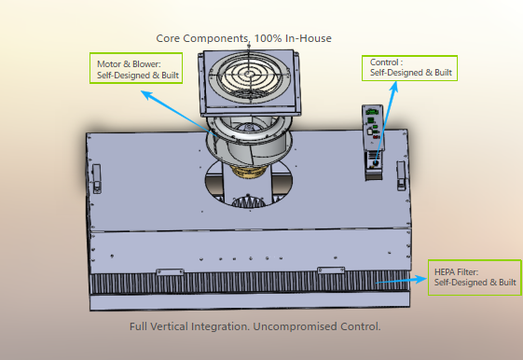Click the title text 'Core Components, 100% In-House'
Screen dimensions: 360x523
(243, 38)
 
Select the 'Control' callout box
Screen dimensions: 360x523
(410, 67)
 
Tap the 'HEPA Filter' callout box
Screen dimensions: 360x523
(475, 276)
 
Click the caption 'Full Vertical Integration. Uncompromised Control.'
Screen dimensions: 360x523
(256, 327)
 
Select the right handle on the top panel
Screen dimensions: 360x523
(400, 174)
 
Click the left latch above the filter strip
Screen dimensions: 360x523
(169, 271)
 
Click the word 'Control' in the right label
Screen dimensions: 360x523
(385, 62)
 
